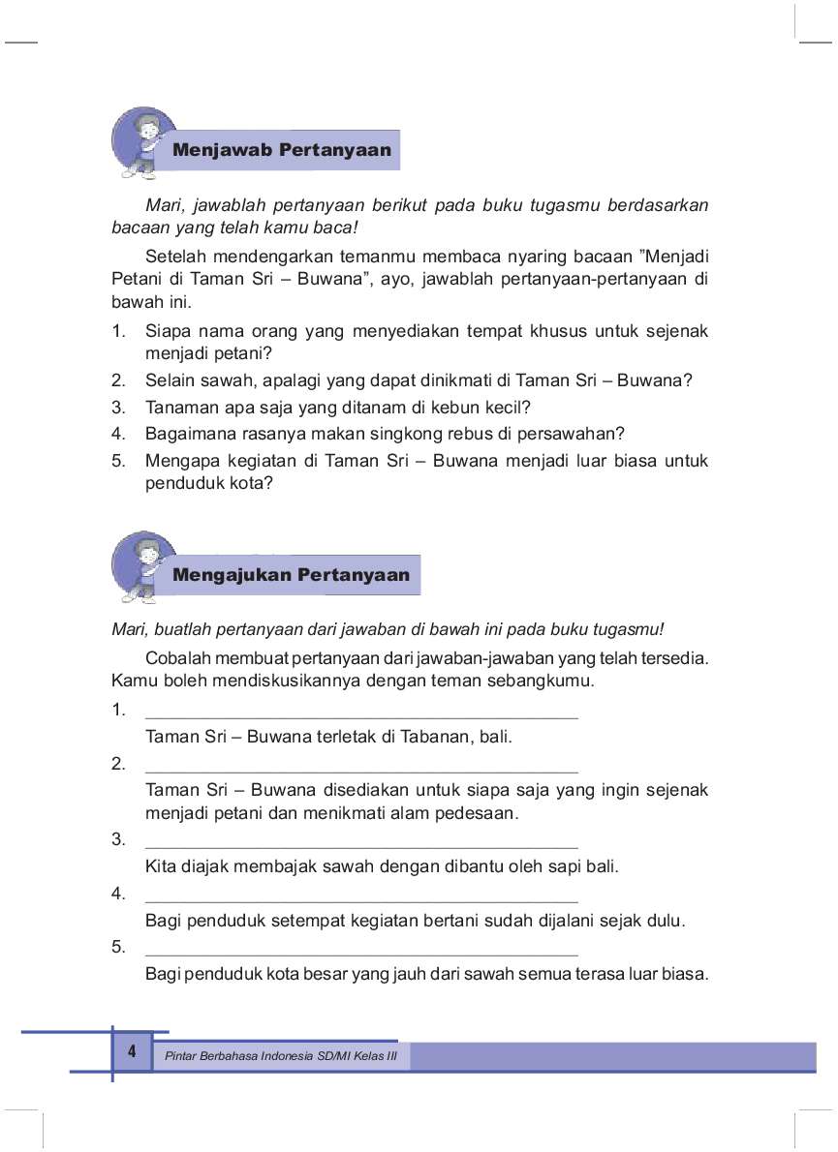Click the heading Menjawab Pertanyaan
(281, 150)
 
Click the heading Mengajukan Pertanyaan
(291, 575)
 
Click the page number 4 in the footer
(131, 1051)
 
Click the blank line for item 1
(360, 717)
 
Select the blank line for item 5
(360, 955)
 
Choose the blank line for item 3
(360, 846)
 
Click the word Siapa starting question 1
(168, 331)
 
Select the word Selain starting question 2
(170, 380)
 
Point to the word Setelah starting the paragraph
(174, 257)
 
